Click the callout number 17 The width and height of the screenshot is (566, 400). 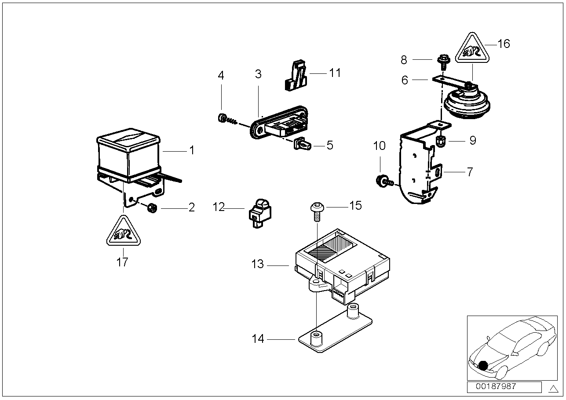pyautogui.click(x=122, y=262)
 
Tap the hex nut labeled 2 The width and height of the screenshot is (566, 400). pyautogui.click(x=152, y=207)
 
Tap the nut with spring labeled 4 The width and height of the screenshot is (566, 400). pyautogui.click(x=223, y=118)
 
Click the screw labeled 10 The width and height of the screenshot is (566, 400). pyautogui.click(x=381, y=180)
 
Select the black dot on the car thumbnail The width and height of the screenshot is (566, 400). pyautogui.click(x=483, y=365)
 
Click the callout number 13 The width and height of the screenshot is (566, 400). pyautogui.click(x=257, y=264)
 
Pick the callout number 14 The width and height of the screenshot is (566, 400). pyautogui.click(x=258, y=339)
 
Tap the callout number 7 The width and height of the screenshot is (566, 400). pyautogui.click(x=470, y=171)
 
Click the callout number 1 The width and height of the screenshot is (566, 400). pyautogui.click(x=191, y=150)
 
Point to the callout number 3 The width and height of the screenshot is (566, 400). pyautogui.click(x=258, y=74)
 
